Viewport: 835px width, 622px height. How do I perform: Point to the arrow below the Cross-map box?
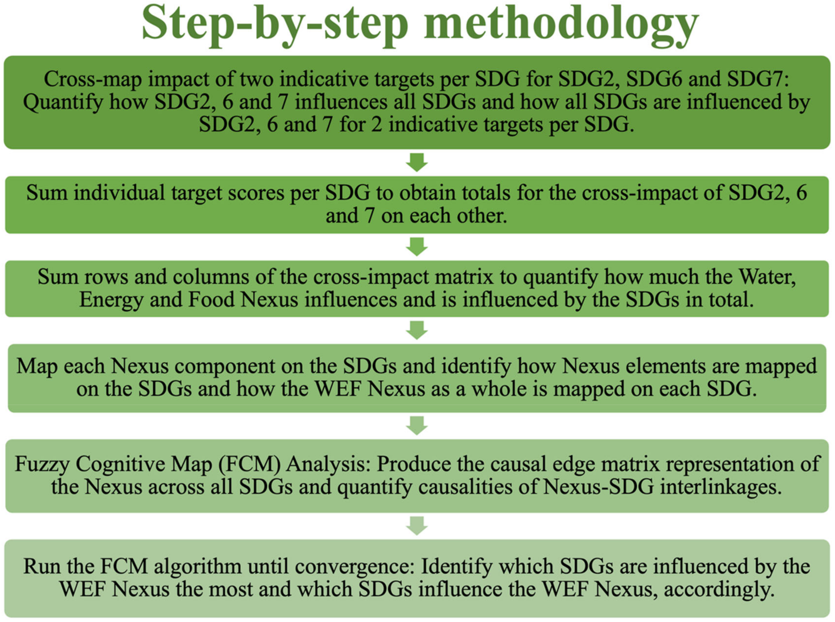417,162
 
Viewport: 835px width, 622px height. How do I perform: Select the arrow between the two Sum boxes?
417,247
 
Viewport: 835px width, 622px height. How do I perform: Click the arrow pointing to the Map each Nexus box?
417,330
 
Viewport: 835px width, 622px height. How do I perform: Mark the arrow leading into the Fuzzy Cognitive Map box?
417,426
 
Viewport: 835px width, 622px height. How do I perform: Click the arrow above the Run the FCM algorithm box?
417,526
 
